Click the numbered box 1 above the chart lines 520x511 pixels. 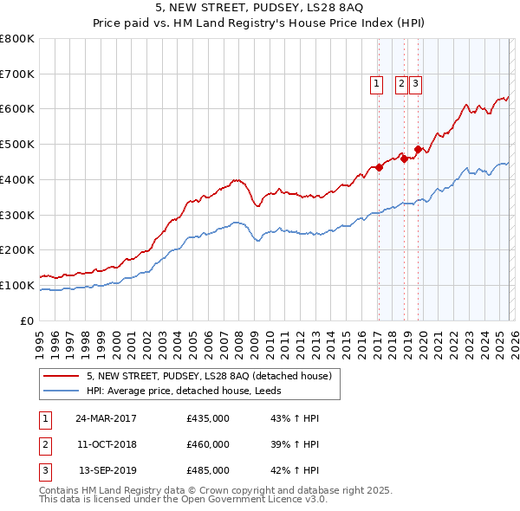tap(377, 84)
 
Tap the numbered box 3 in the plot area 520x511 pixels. tap(415, 84)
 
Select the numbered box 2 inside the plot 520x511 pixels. tap(401, 84)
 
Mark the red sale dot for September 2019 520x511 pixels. tap(417, 150)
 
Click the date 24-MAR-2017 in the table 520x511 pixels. tap(106, 418)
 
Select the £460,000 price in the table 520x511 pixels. tap(208, 444)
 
